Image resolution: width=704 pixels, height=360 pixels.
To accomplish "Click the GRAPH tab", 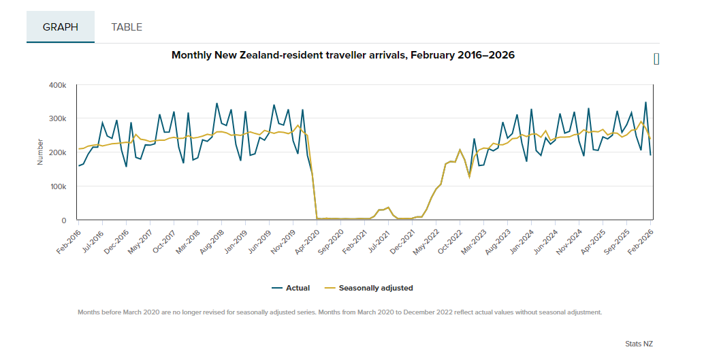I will [61, 27].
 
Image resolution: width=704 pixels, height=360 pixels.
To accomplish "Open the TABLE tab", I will [127, 27].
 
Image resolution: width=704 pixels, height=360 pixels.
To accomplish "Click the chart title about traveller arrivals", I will [343, 55].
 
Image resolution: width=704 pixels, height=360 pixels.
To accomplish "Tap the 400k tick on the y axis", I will [57, 85].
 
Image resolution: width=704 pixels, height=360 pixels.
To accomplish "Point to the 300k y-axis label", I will [57, 118].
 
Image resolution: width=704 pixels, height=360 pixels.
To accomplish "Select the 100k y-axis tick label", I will [57, 186].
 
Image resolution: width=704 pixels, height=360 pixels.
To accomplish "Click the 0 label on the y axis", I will [63, 220].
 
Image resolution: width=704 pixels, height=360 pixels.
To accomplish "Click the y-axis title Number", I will [40, 152].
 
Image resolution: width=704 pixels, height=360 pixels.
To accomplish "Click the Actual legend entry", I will [291, 288].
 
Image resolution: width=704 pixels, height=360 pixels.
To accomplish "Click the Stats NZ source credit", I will [639, 344].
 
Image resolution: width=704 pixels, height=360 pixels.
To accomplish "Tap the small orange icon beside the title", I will [656, 59].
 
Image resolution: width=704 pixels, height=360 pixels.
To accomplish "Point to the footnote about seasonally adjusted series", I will [340, 312].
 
